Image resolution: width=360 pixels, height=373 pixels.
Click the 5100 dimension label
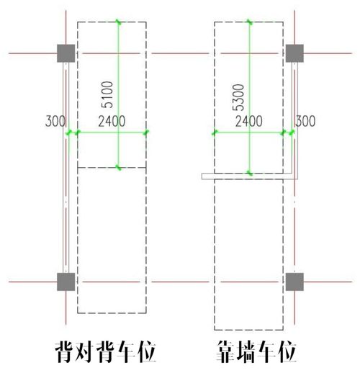107,94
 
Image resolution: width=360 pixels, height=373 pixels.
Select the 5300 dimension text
238,97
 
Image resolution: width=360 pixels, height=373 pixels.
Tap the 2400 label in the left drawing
112,121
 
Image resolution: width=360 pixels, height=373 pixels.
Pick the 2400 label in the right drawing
248,121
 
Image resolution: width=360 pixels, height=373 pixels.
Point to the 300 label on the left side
55,121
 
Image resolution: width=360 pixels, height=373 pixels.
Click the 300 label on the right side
305,121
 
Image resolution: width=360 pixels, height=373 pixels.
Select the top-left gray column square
66,53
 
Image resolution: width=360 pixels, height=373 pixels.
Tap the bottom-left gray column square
66,282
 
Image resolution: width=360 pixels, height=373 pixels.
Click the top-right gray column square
294,53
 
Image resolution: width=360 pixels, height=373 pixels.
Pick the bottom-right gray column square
294,282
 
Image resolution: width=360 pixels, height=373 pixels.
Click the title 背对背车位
106,352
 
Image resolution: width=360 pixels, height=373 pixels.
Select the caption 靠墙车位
256,352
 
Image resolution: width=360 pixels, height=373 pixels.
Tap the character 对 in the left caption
85,352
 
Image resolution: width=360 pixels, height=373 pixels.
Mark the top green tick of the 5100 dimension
118,22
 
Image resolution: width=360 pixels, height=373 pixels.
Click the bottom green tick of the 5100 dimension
118,167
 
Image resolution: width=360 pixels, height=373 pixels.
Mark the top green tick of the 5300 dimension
250,22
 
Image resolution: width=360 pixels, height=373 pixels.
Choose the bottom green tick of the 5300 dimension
250,173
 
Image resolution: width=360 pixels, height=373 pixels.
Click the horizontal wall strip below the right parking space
250,176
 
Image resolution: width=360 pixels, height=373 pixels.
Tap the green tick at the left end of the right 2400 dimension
215,132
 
